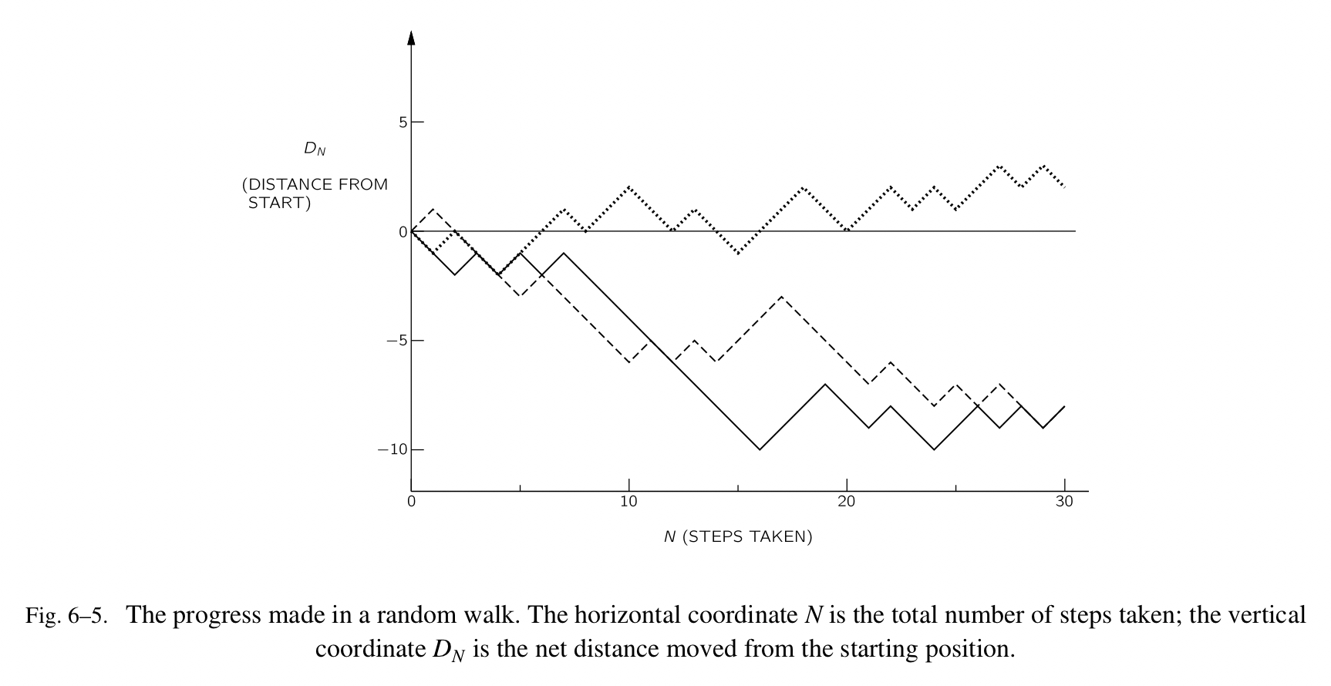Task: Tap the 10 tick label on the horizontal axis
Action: click(x=628, y=501)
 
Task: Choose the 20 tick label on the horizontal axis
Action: click(x=847, y=501)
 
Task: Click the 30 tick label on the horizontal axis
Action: click(x=1064, y=501)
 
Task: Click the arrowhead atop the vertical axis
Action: click(x=411, y=37)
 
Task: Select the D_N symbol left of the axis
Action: click(x=315, y=149)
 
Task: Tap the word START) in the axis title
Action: click(x=279, y=204)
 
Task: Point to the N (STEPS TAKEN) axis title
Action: click(x=738, y=536)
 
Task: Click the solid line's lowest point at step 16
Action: click(x=760, y=449)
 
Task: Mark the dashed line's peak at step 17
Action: click(x=782, y=297)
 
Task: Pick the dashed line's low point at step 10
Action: click(x=629, y=362)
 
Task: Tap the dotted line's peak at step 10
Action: click(x=629, y=187)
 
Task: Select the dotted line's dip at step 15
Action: click(x=738, y=253)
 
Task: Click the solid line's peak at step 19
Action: click(x=825, y=384)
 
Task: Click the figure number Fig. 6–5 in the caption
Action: click(x=66, y=616)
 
